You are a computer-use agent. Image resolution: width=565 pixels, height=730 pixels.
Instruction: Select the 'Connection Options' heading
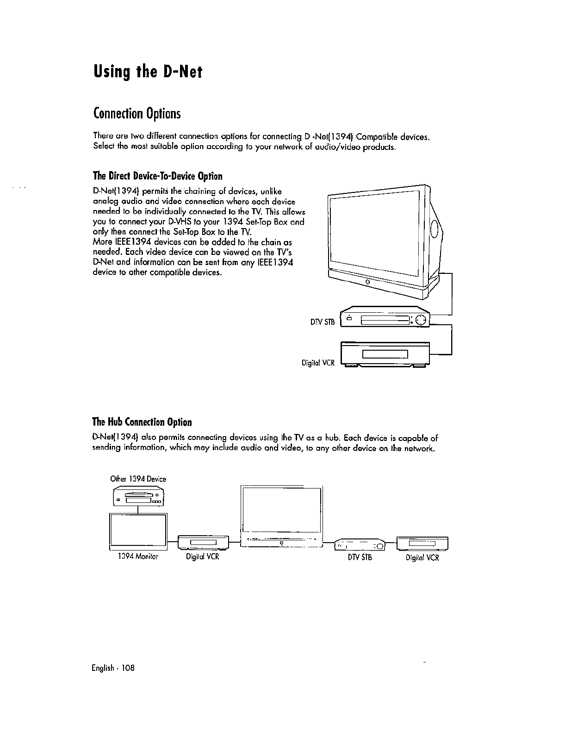[x=136, y=113]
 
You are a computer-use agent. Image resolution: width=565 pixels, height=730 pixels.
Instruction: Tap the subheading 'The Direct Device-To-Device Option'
[x=158, y=176]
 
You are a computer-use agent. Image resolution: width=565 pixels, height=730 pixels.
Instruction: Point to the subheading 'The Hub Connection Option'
[x=142, y=422]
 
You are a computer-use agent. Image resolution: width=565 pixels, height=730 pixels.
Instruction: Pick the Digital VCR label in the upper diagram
[x=318, y=363]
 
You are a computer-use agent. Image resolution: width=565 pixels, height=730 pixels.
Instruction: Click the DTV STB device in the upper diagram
[x=385, y=318]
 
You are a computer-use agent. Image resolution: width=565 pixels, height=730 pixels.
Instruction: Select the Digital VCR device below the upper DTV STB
[x=385, y=354]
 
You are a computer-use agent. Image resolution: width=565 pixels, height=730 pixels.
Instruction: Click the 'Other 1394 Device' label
[x=138, y=479]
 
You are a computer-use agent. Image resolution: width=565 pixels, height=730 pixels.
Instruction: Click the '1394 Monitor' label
[x=138, y=557]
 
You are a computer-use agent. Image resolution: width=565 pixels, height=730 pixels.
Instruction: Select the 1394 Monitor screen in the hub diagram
[x=138, y=530]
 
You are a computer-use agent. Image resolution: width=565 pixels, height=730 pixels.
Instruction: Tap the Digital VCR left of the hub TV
[x=204, y=543]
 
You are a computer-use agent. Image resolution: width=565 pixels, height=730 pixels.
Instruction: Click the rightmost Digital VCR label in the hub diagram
[x=422, y=557]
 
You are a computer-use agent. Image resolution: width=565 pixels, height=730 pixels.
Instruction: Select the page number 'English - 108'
[x=113, y=668]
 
